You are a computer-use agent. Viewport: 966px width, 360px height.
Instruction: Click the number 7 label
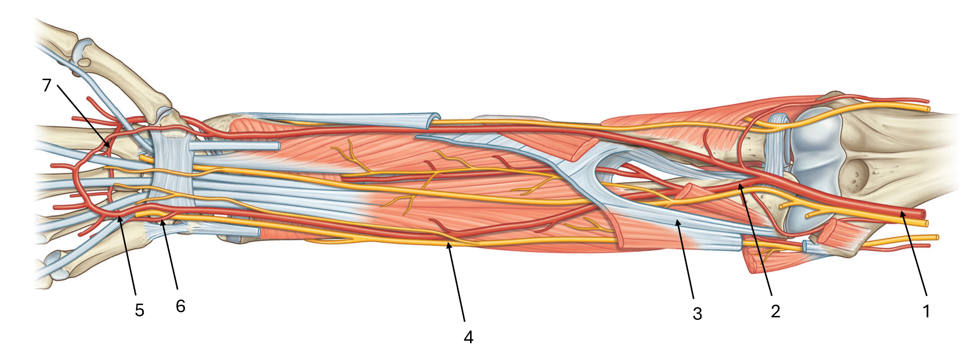tap(47, 85)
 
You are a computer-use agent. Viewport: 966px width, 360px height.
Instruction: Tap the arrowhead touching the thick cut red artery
tap(902, 213)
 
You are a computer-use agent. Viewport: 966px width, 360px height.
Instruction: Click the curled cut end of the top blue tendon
tap(433, 119)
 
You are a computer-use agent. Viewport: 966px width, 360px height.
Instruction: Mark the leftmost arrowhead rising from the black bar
tap(120, 218)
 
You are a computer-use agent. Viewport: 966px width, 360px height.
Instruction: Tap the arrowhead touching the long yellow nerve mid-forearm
tap(448, 245)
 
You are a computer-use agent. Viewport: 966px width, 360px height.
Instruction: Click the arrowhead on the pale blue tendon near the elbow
tap(677, 221)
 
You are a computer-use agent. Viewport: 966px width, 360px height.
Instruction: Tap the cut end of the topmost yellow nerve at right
tap(928, 108)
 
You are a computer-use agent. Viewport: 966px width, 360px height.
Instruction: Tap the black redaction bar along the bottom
tap(482, 328)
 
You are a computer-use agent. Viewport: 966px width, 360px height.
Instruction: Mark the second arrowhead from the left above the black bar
tap(162, 222)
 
